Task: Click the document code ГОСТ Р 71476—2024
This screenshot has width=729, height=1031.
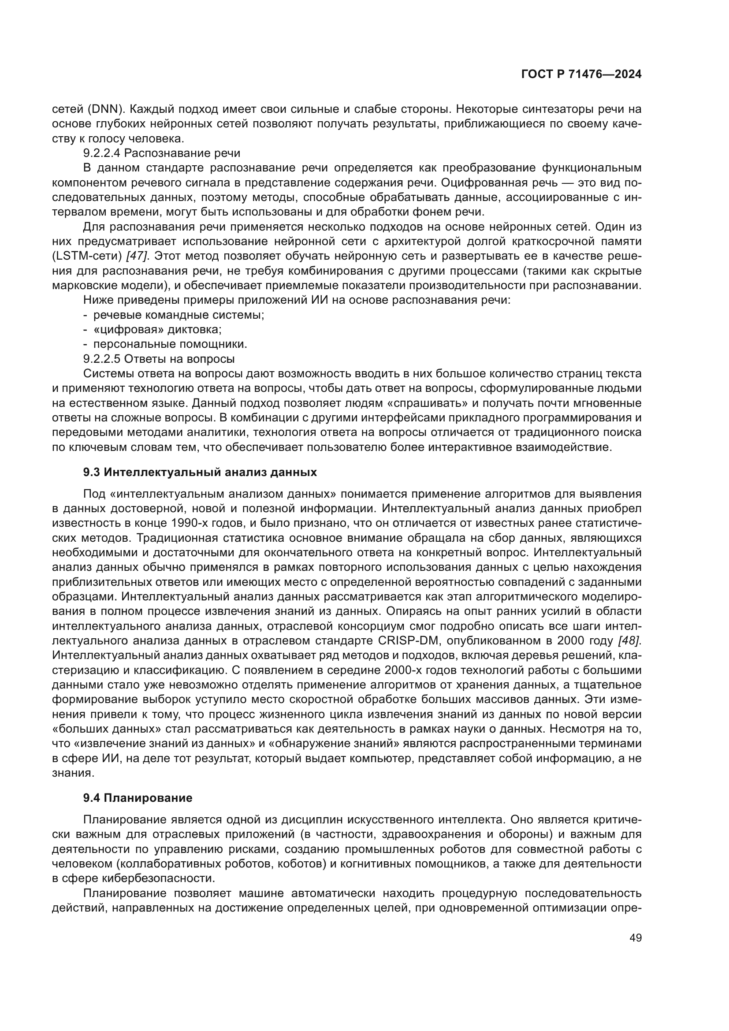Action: point(581,74)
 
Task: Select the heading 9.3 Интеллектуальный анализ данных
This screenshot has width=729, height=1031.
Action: point(200,472)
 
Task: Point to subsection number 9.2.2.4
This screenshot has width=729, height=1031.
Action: point(102,153)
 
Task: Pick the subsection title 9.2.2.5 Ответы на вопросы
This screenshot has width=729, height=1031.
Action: point(159,359)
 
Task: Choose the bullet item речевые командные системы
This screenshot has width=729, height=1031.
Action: point(179,315)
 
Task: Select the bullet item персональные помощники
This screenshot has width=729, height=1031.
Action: point(170,344)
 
